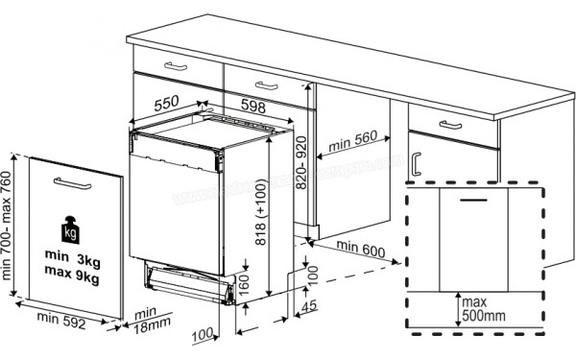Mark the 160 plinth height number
tap(247, 284)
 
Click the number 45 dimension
tap(308, 306)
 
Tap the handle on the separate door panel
tap(74, 182)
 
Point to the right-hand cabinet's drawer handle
tap(447, 124)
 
